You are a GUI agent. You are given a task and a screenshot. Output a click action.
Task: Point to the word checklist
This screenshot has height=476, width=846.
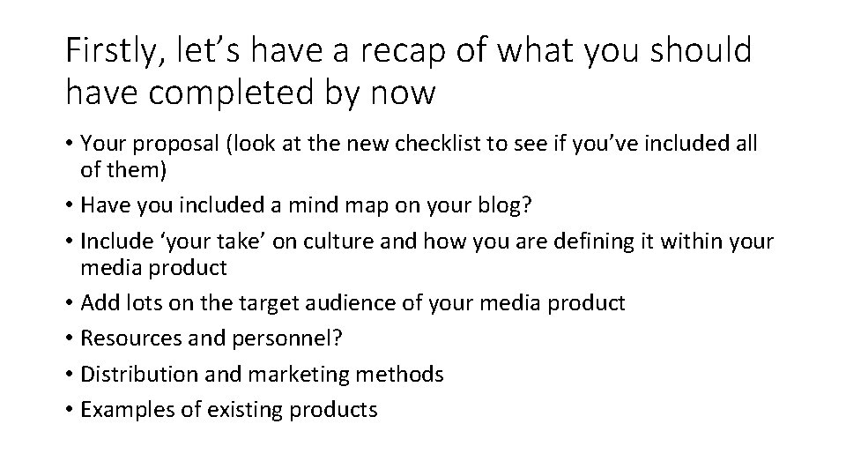tap(471, 144)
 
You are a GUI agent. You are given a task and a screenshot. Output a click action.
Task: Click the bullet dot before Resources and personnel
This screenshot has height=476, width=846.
tap(70, 339)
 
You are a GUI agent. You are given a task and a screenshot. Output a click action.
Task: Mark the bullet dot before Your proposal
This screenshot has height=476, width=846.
tap(70, 144)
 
